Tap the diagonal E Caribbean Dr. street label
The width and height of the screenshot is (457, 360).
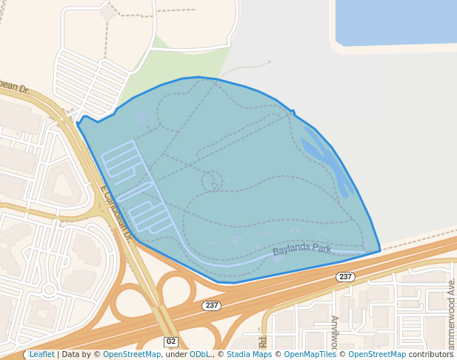[116, 214]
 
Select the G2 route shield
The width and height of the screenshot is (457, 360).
[171, 341]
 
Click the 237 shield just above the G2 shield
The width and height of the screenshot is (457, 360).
[211, 305]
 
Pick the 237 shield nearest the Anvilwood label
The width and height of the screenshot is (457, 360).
[345, 276]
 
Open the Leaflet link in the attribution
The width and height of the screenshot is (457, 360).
[41, 354]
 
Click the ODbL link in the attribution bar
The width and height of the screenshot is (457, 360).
[199, 354]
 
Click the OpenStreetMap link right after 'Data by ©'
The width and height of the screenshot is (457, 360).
[132, 354]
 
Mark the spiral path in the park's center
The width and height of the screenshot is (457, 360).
[213, 180]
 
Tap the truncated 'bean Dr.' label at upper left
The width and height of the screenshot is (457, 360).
[15, 88]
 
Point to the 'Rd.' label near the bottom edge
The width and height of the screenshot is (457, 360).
[262, 341]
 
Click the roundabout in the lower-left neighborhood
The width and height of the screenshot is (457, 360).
[50, 288]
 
